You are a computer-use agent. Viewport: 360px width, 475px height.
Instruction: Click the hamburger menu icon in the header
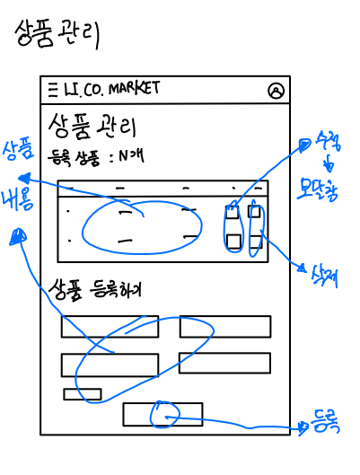[52, 88]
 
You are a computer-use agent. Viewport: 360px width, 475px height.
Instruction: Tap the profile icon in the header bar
[276, 90]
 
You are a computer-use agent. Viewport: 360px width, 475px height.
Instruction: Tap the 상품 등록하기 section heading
[96, 291]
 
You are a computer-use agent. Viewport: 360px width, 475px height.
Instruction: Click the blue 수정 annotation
[327, 143]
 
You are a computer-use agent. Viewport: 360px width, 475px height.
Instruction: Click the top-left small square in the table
[233, 213]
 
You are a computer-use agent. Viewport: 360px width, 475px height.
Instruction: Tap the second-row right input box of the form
[224, 363]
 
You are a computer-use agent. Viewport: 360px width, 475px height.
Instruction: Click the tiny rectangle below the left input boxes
[82, 393]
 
